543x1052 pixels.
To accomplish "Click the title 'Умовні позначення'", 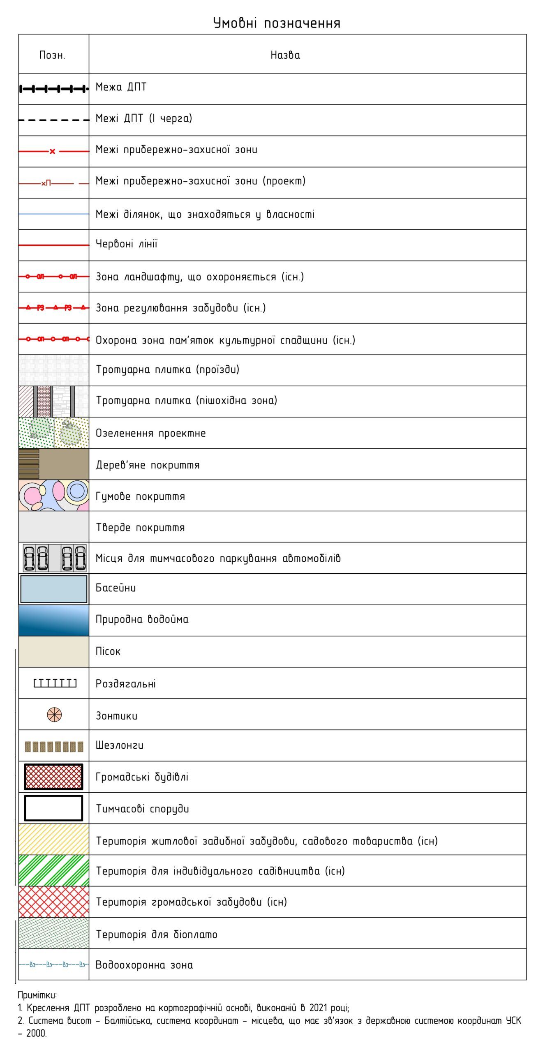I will [277, 23].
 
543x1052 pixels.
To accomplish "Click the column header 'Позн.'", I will [52, 55].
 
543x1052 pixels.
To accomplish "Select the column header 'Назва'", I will [285, 55].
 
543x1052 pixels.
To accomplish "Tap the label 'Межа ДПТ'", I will [121, 87].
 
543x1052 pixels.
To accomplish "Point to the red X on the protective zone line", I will [52, 152].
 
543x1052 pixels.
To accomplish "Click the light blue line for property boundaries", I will [53, 214].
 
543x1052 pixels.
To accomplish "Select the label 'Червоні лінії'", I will [126, 244].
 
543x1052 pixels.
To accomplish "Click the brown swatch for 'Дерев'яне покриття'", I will [53, 464].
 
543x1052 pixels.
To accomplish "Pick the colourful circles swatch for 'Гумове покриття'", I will [53, 496].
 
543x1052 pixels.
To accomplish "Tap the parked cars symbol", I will [54, 558].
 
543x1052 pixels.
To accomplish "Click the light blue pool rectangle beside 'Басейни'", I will [53, 589].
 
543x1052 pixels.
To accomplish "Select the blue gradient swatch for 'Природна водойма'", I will [53, 621].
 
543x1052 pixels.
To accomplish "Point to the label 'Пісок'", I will [108, 652].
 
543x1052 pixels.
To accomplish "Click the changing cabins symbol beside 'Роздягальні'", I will [55, 683].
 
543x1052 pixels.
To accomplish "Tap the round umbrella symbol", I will [54, 715].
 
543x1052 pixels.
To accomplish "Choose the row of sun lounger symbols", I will [54, 746].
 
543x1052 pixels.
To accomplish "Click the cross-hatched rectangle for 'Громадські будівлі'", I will [53, 777].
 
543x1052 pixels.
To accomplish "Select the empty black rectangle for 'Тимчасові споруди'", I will [53, 808].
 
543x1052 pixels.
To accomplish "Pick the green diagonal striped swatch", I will [53, 871].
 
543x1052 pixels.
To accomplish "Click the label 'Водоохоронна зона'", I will [144, 965].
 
